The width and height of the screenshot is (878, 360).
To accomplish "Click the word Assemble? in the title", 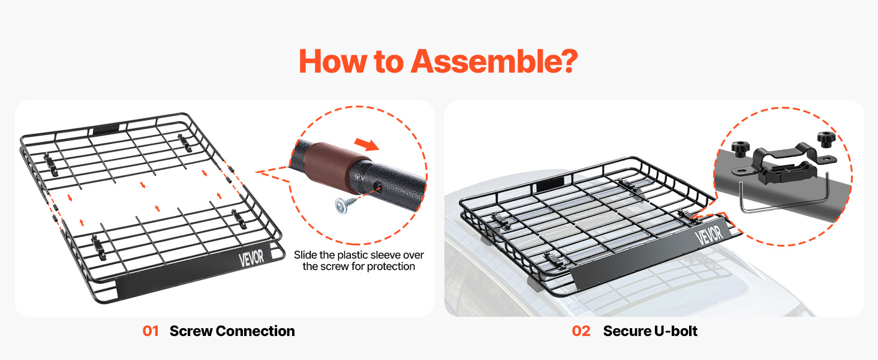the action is click(494, 61).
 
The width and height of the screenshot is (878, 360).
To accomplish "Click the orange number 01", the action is click(151, 331).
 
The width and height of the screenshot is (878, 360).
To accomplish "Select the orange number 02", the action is click(581, 331).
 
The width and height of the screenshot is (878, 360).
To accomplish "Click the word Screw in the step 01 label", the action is click(191, 331).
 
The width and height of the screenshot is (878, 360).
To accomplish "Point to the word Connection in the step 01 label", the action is click(255, 331).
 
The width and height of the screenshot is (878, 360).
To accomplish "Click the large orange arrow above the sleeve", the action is click(366, 145).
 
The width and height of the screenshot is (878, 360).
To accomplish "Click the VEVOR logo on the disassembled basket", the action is click(251, 259).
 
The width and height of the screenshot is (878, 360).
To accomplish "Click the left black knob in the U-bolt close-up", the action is click(741, 149).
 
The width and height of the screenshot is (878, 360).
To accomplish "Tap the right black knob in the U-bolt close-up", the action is click(826, 140).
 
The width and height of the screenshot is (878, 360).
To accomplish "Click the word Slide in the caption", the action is click(306, 255).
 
